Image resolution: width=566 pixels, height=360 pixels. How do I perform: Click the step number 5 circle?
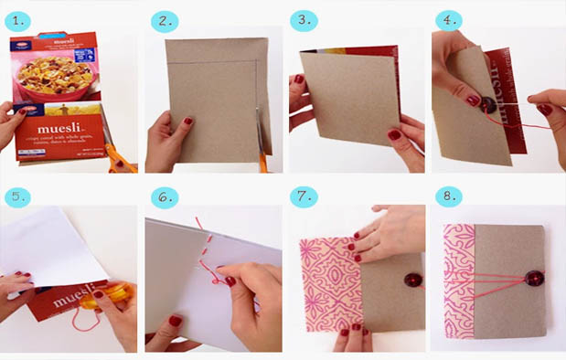pyautogui.click(x=20, y=197)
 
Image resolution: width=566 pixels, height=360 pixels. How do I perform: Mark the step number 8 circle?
pyautogui.click(x=449, y=197)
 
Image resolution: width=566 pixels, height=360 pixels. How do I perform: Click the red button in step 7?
pyautogui.click(x=382, y=267)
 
